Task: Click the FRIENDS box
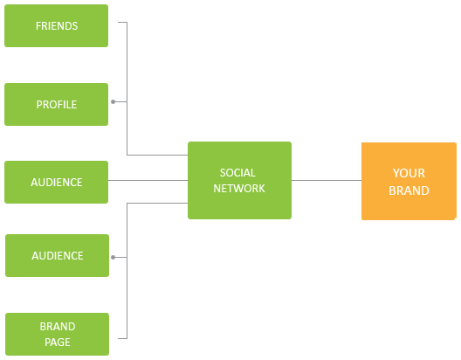(56, 25)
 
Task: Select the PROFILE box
(56, 104)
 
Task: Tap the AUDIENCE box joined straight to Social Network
(56, 182)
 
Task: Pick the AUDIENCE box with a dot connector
(57, 256)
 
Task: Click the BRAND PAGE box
(57, 334)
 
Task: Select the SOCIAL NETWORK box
(239, 180)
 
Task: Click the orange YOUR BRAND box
(409, 181)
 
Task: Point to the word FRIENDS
(57, 26)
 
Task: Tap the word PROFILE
(57, 104)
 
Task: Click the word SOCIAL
(237, 173)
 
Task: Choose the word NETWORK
(239, 189)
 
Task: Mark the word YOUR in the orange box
(409, 173)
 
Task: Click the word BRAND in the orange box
(409, 190)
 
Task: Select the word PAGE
(58, 342)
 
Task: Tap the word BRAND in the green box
(58, 327)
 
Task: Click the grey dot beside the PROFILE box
(114, 101)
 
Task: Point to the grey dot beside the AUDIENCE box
(114, 258)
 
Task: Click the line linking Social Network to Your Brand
(327, 180)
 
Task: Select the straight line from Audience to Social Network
(148, 180)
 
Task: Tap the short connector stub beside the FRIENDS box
(122, 22)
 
